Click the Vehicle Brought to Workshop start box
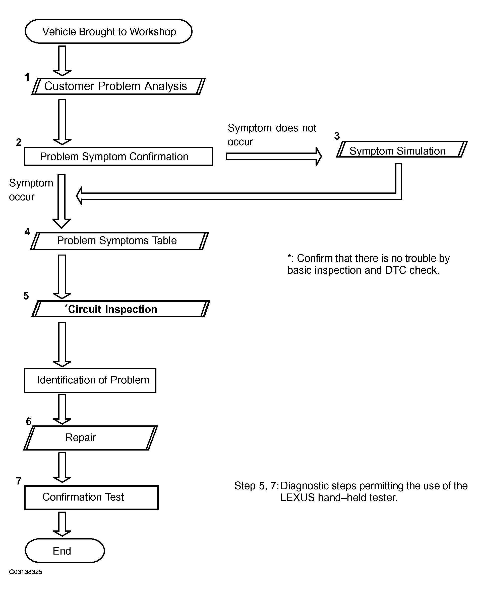click(x=108, y=31)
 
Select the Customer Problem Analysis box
click(x=118, y=86)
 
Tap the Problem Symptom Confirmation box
click(x=118, y=156)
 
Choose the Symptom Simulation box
click(x=402, y=149)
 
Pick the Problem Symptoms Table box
click(x=119, y=241)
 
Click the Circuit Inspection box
click(x=121, y=309)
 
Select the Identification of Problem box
click(x=90, y=381)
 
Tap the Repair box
click(x=91, y=438)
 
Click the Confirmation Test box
click(x=91, y=498)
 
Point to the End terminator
click(x=65, y=551)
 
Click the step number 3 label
click(x=337, y=136)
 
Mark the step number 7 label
click(x=19, y=481)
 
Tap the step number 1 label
click(x=27, y=77)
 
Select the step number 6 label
click(x=29, y=421)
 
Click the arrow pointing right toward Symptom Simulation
click(x=274, y=157)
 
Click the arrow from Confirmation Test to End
click(x=62, y=524)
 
